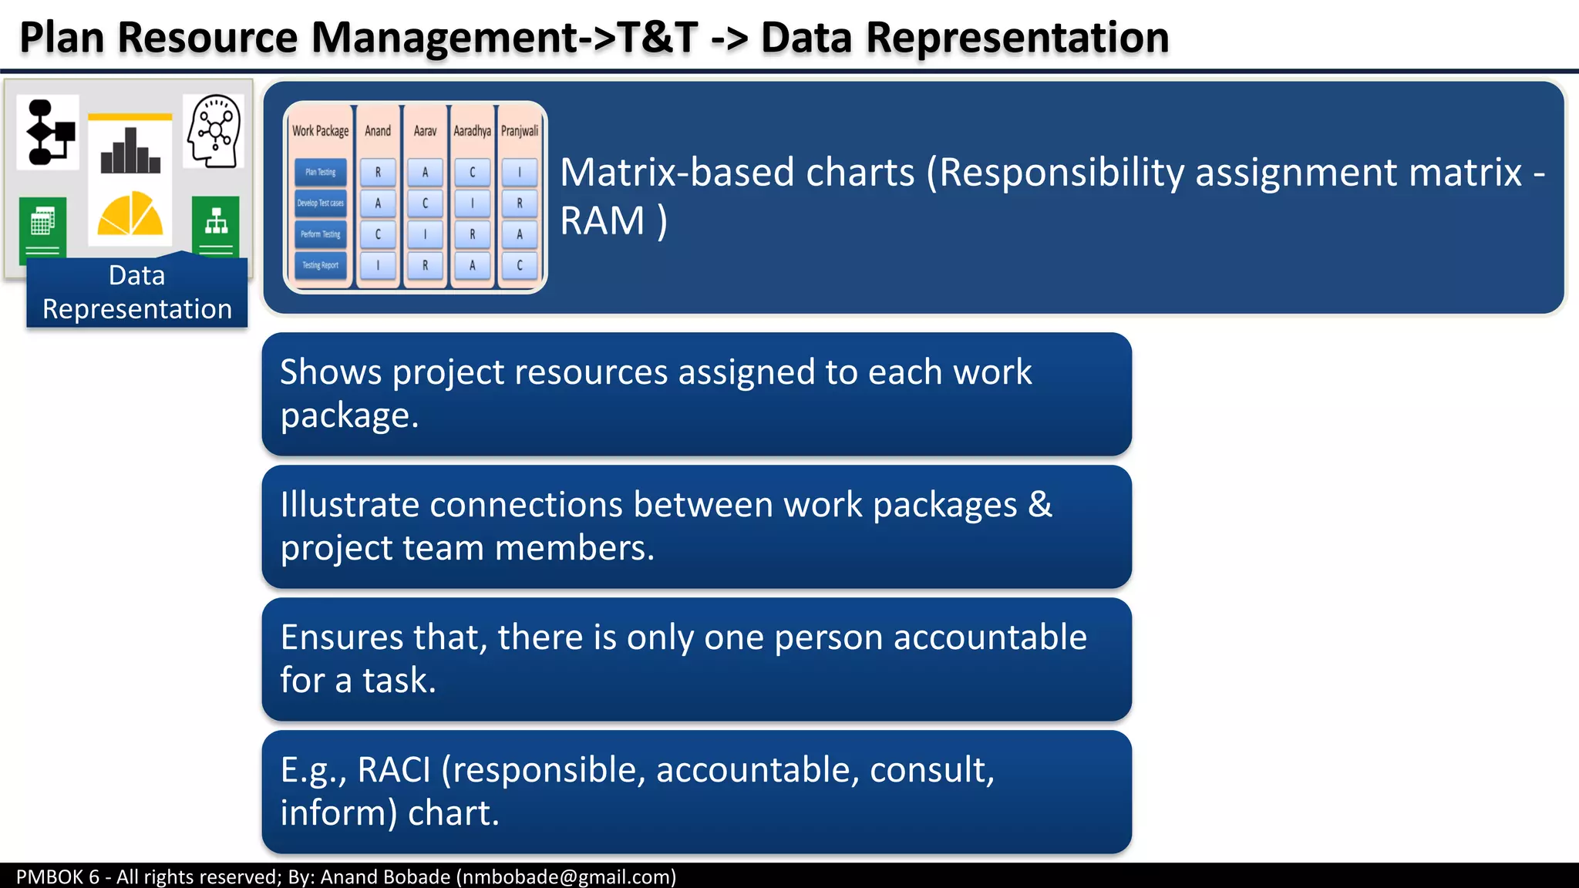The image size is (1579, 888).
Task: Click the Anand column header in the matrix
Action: point(378,131)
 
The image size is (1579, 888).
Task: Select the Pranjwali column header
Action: point(520,131)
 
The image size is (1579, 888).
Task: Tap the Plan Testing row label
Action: point(321,173)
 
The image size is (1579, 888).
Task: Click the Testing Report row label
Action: point(321,265)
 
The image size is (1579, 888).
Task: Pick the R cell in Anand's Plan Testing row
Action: point(378,173)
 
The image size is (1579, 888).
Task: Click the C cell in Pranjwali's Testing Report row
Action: point(520,265)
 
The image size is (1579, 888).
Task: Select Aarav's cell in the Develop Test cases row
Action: point(425,203)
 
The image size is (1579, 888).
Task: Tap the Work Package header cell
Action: point(321,131)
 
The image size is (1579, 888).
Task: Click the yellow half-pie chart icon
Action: point(130,214)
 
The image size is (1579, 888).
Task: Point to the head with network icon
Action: point(214,131)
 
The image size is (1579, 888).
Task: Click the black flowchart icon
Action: point(49,133)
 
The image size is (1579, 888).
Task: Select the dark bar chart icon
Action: point(130,151)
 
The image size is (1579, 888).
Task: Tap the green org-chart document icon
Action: point(216,225)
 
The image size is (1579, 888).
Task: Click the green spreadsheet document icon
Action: point(43,225)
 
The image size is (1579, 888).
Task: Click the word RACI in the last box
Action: point(393,770)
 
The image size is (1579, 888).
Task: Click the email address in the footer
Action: point(566,876)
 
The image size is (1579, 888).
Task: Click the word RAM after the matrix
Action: point(602,221)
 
